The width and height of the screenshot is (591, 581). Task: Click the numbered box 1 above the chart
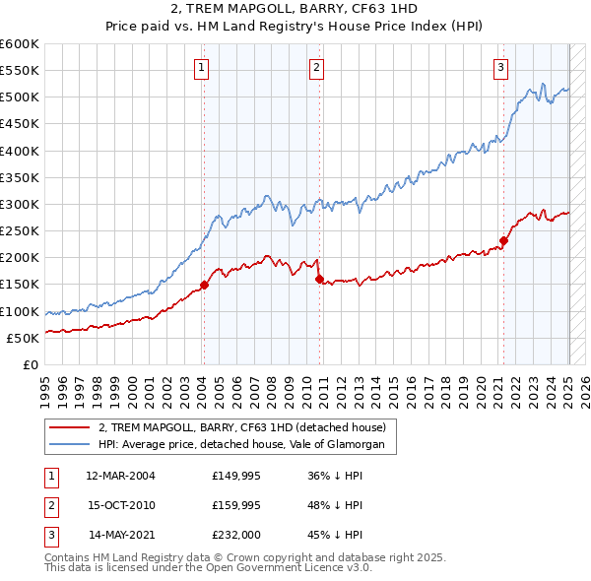click(x=201, y=68)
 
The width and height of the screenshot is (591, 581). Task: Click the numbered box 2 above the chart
click(x=316, y=68)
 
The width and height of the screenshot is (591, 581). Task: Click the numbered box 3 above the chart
click(x=500, y=68)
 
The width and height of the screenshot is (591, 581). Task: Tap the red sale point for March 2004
click(x=205, y=285)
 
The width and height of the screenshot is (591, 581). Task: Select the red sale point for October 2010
click(x=319, y=279)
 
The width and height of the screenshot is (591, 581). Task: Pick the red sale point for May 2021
click(x=503, y=240)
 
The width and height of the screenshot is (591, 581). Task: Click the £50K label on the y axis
click(x=23, y=338)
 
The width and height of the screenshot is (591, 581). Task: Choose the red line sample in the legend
click(x=69, y=427)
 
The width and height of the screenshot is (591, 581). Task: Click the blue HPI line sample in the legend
click(x=69, y=445)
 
